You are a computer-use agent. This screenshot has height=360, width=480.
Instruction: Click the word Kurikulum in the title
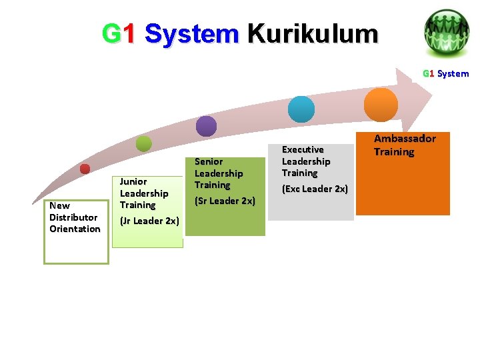pyautogui.click(x=312, y=33)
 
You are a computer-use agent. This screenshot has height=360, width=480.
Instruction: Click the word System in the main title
pyautogui.click(x=191, y=33)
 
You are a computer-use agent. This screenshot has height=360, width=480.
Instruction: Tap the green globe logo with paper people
pyautogui.click(x=446, y=31)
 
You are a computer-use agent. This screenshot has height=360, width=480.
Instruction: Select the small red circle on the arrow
pyautogui.click(x=85, y=169)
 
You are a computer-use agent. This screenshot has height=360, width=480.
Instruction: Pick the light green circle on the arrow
pyautogui.click(x=143, y=143)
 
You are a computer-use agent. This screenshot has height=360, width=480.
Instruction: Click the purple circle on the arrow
pyautogui.click(x=207, y=126)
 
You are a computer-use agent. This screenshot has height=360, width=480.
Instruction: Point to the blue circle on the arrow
pyautogui.click(x=301, y=109)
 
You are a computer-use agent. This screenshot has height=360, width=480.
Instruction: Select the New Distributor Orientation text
pyautogui.click(x=75, y=217)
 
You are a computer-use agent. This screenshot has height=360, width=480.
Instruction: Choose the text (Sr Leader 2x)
pyautogui.click(x=225, y=201)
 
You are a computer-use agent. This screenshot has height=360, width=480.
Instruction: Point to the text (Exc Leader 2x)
pyautogui.click(x=315, y=189)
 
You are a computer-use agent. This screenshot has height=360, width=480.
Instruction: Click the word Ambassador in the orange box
pyautogui.click(x=405, y=139)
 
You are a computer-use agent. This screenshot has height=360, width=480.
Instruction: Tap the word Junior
pyautogui.click(x=133, y=181)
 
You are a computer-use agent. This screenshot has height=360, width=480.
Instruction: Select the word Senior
pyautogui.click(x=209, y=161)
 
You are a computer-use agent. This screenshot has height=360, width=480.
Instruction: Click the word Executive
pyautogui.click(x=303, y=149)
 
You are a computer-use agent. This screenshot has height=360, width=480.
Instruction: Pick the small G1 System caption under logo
pyautogui.click(x=445, y=73)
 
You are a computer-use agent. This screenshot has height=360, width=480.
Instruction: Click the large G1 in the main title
pyautogui.click(x=119, y=33)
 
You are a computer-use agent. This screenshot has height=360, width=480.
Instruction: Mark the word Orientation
pyautogui.click(x=75, y=229)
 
